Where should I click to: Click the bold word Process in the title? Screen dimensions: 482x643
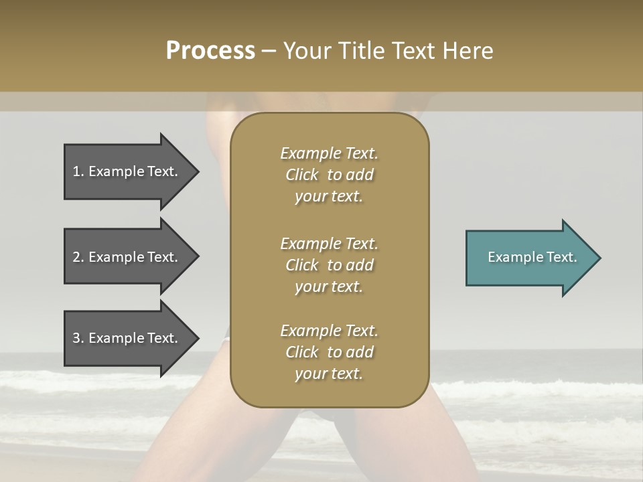210,51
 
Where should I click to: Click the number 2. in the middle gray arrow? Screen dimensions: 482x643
78,257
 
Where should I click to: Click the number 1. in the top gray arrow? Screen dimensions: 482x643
78,171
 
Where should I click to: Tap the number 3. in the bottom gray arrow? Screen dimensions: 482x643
78,338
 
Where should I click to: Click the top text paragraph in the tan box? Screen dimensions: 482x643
329,175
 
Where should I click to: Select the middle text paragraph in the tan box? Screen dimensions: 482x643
329,265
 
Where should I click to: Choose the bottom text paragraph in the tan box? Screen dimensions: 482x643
329,352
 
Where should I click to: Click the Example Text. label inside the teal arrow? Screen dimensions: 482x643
532,257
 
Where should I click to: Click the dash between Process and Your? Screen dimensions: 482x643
269,52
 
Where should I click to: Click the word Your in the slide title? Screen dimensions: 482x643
307,51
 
